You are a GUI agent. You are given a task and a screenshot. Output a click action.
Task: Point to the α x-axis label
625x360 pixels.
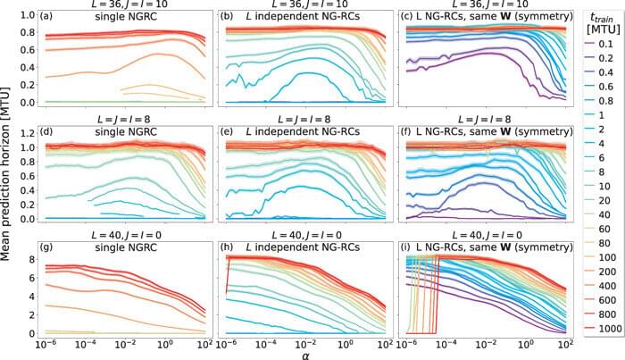pos(308,352)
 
